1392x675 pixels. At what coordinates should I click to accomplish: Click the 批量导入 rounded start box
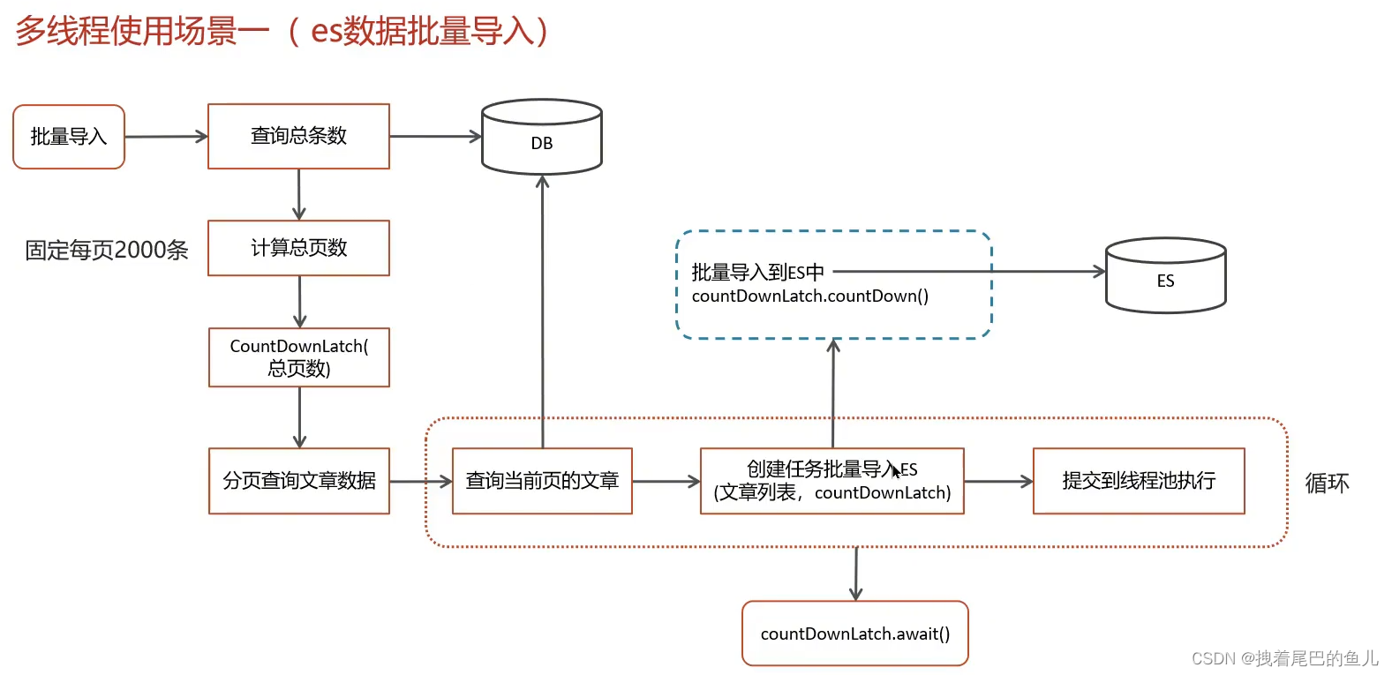coord(69,137)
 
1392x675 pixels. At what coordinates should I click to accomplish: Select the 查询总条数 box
coord(298,136)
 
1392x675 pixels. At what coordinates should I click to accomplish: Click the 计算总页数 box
coord(298,248)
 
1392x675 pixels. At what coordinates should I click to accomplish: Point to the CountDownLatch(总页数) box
coord(298,357)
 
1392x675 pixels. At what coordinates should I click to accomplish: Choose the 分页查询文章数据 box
coord(298,481)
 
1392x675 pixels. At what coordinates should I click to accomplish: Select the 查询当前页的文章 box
coord(542,481)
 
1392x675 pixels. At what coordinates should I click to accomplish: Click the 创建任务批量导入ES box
coord(831,481)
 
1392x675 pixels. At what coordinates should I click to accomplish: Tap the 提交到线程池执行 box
coord(1139,481)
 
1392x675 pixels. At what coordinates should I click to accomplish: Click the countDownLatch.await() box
coord(854,634)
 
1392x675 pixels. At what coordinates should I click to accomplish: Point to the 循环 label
coord(1327,484)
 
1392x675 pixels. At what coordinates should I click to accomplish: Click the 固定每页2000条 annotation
coord(107,251)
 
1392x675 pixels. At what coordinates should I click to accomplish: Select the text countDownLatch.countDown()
coord(809,296)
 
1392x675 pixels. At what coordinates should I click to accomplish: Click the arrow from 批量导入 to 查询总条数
coord(166,137)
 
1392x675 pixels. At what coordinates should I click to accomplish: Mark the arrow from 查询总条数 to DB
coord(435,137)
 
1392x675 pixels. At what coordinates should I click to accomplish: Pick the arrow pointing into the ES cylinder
coord(971,272)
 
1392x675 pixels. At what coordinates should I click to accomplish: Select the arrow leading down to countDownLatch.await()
coord(855,574)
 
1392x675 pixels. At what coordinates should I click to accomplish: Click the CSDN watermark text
coord(1284,658)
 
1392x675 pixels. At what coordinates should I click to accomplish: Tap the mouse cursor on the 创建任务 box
coord(896,471)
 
